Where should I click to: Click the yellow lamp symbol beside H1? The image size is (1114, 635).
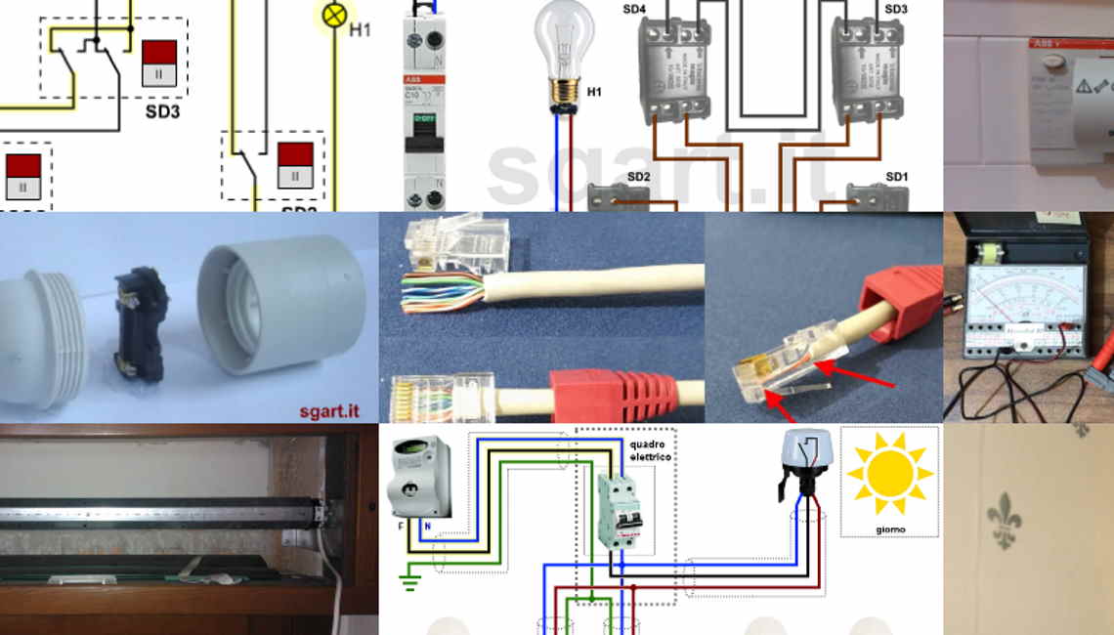[334, 15]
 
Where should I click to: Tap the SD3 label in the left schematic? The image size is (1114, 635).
[163, 111]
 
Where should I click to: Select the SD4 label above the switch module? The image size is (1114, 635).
[634, 9]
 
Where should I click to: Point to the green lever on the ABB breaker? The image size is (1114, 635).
[424, 120]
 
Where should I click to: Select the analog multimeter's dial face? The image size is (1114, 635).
[1025, 287]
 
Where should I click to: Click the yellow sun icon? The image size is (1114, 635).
[889, 473]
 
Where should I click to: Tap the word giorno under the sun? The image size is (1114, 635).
[890, 529]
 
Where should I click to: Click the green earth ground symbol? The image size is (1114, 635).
[410, 583]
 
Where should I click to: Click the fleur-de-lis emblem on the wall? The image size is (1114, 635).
[1004, 519]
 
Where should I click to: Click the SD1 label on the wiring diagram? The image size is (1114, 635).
[897, 177]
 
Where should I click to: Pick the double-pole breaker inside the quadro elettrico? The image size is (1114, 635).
[620, 510]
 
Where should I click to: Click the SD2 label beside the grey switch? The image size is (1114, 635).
[638, 177]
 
